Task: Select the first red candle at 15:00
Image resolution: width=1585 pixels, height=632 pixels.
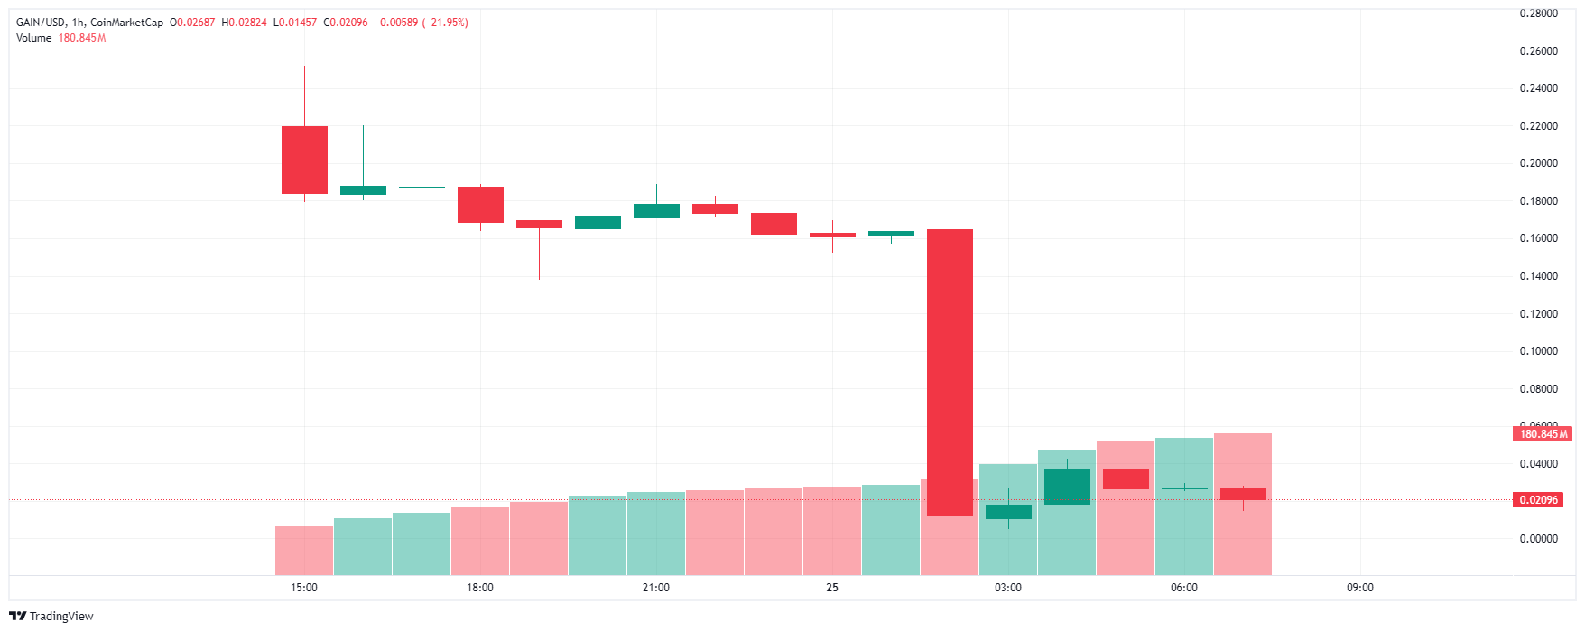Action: click(x=304, y=160)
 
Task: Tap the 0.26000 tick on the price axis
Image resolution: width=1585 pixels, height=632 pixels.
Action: click(x=1538, y=51)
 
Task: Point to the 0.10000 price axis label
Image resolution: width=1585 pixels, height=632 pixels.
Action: click(x=1538, y=351)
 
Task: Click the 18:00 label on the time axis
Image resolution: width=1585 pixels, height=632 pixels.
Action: click(x=480, y=588)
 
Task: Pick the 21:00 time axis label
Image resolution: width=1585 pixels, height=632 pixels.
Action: click(x=656, y=588)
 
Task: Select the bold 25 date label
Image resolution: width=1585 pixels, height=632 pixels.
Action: click(x=832, y=588)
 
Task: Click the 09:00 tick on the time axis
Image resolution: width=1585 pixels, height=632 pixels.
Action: click(x=1360, y=588)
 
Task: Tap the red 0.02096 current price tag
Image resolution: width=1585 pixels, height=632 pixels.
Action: click(x=1539, y=500)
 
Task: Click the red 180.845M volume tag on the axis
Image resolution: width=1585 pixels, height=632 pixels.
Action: click(x=1543, y=434)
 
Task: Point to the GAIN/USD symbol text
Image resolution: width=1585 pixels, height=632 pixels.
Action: click(x=41, y=23)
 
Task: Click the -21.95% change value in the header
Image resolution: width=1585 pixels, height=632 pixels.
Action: click(x=445, y=23)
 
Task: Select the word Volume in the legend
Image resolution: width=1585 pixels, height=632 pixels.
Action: click(x=33, y=38)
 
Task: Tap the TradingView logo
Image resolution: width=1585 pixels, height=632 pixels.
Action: click(x=51, y=616)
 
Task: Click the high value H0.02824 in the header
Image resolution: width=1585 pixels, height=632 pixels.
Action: click(x=244, y=23)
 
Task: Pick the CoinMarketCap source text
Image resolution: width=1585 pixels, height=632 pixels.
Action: click(x=126, y=23)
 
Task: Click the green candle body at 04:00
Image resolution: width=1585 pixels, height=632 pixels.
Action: click(x=1067, y=487)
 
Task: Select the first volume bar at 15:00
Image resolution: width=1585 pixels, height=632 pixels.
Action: click(x=304, y=551)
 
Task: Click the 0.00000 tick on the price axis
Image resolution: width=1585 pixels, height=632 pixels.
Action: click(x=1538, y=539)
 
